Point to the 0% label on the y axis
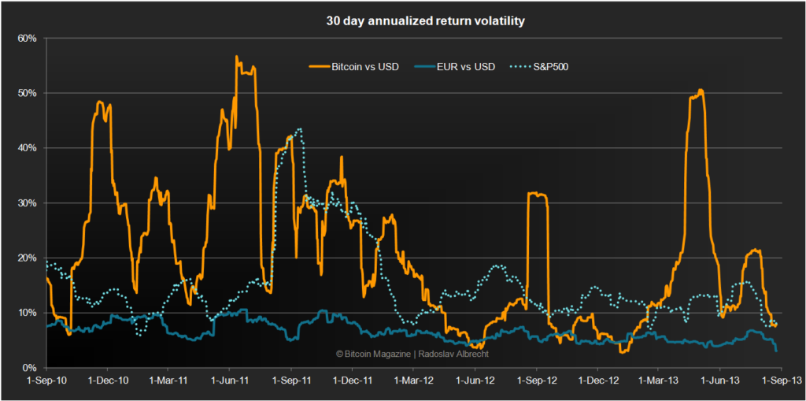click(x=30, y=368)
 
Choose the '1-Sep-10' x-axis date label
click(x=46, y=381)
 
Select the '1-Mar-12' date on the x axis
click(x=412, y=381)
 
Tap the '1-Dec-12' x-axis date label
click(x=598, y=381)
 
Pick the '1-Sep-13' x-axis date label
click(x=782, y=381)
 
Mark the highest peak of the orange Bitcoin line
click(x=236, y=56)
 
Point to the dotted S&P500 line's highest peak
click(x=300, y=128)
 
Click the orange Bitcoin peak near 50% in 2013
click(x=701, y=90)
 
